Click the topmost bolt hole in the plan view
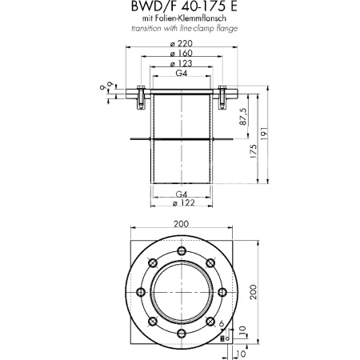coord(180,247)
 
